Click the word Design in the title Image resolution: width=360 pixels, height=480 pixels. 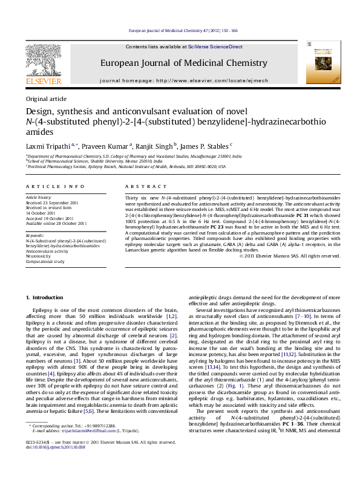[40, 112]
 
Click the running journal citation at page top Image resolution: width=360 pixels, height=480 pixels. [180, 30]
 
